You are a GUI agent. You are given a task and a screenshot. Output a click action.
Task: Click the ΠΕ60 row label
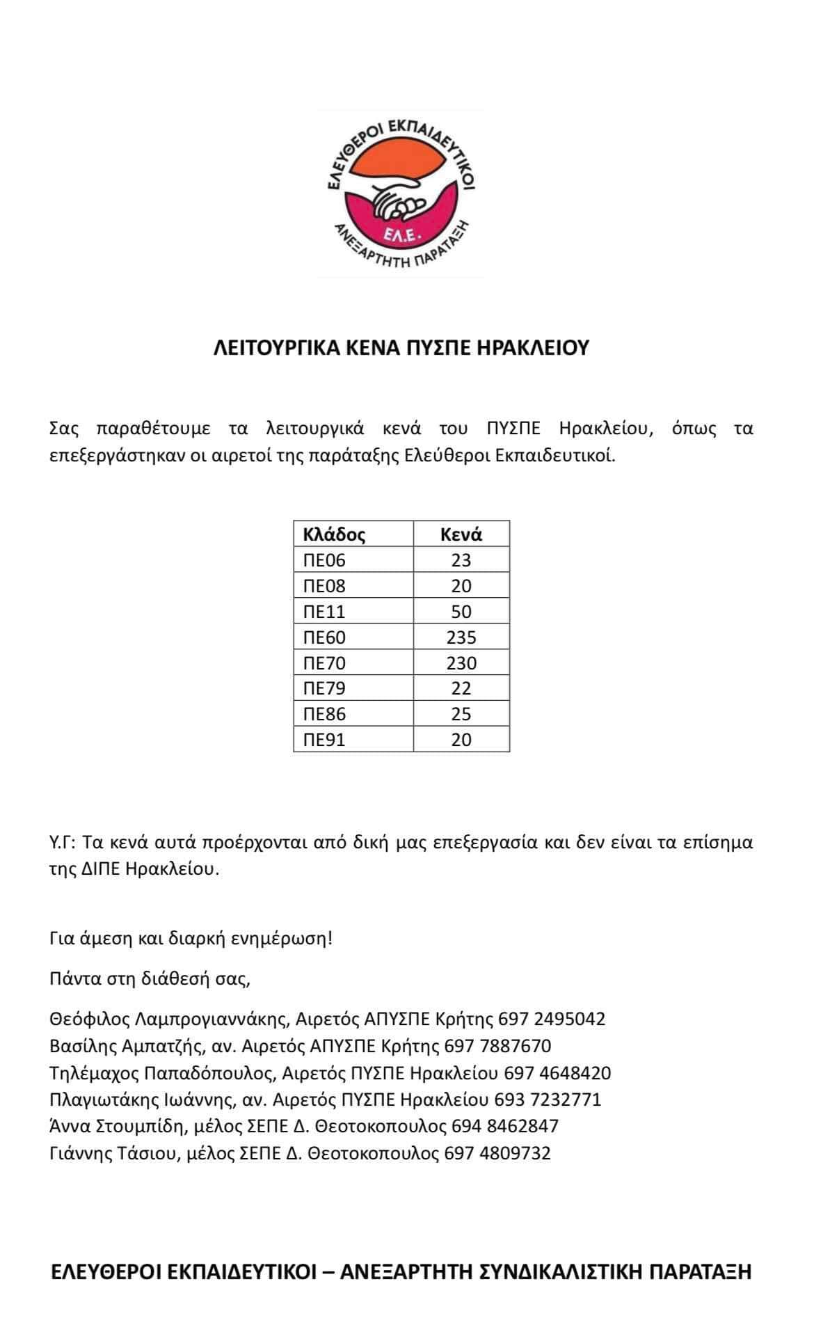(x=325, y=637)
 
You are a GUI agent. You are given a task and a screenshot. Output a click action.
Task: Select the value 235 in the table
(x=461, y=637)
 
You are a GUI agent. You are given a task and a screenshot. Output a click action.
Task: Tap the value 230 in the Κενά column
(x=461, y=663)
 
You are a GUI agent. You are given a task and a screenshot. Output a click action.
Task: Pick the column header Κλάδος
(x=334, y=534)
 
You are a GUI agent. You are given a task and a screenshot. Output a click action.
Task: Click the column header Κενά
(x=461, y=534)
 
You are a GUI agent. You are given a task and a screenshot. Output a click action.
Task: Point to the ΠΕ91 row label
(x=325, y=740)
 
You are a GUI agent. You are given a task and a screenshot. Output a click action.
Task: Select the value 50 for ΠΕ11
(x=461, y=612)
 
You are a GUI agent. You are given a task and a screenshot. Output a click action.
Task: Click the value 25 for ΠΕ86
(x=461, y=714)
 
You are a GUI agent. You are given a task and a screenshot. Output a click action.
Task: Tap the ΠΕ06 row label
(x=325, y=560)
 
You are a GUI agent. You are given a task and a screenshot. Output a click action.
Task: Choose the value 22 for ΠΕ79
(x=461, y=688)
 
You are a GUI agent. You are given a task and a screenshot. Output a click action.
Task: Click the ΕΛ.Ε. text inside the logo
(x=400, y=236)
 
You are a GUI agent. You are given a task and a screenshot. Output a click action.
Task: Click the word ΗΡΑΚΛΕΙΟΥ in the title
(x=532, y=347)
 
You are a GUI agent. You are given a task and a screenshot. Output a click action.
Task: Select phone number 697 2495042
(x=552, y=1019)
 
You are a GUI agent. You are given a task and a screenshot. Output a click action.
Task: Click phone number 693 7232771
(x=548, y=1100)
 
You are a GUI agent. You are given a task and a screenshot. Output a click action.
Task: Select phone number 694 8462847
(x=505, y=1126)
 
